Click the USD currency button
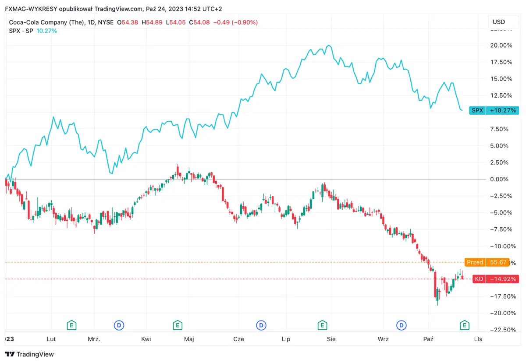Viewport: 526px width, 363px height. pos(499,22)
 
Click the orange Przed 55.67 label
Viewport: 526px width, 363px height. pos(487,262)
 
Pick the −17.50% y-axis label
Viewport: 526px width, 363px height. pos(501,296)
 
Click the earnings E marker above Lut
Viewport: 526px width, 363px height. pos(71,325)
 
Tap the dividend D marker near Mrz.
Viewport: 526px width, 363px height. pos(119,325)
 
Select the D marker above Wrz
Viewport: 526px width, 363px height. pos(401,325)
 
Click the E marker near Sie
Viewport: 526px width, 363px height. pos(322,325)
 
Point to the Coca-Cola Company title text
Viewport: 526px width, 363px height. pos(46,22)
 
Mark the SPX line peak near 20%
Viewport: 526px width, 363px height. pos(329,46)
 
